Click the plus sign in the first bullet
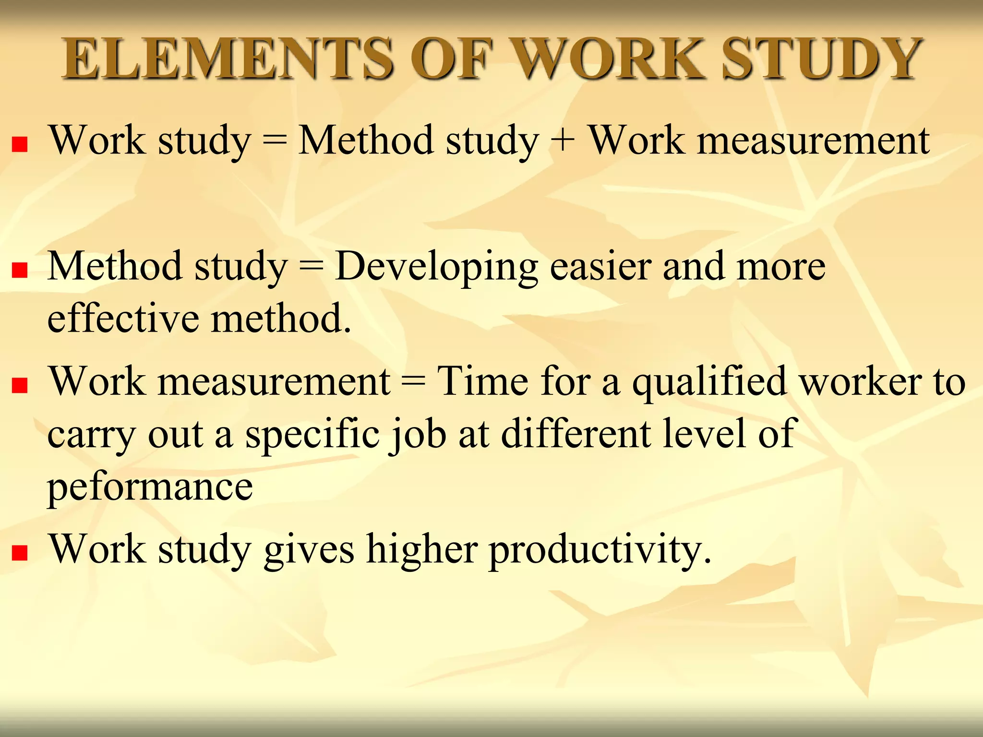[563, 141]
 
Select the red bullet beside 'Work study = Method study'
[20, 144]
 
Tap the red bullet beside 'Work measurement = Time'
[20, 385]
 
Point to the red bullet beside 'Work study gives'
[20, 553]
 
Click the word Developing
[436, 268]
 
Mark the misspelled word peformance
[150, 487]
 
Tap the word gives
[310, 551]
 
